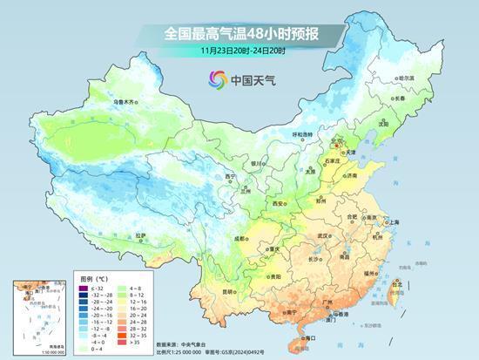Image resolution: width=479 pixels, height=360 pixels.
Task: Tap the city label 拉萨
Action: coord(141,234)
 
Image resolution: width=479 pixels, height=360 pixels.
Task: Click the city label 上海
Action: coord(394,222)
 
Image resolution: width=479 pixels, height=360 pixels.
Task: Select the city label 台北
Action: coord(395,283)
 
